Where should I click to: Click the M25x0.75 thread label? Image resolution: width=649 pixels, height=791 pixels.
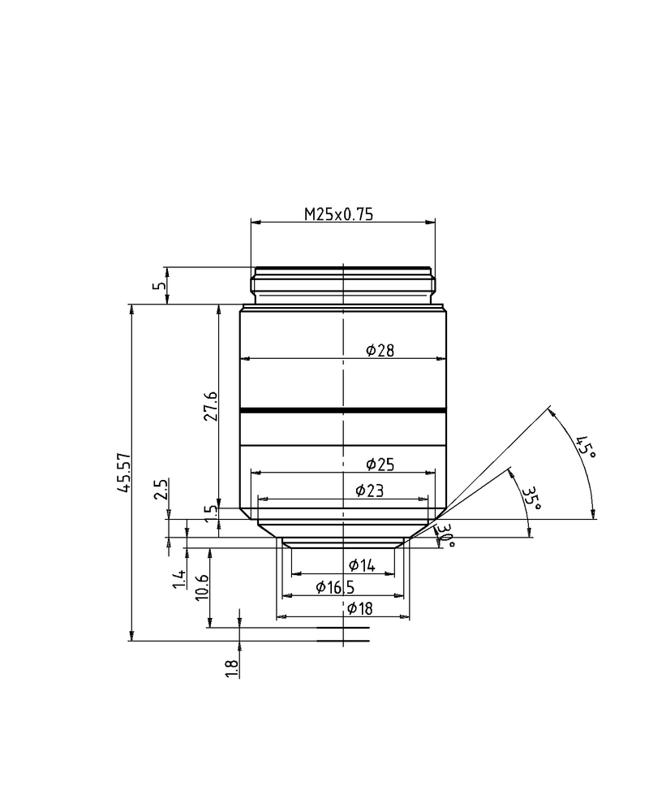[x=337, y=214]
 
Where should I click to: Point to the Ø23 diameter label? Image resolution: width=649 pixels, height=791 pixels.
[x=370, y=491]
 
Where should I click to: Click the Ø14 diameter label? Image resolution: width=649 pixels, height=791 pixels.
[x=362, y=566]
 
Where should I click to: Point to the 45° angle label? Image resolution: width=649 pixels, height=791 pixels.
[x=585, y=447]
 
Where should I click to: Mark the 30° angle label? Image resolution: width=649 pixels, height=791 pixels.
[x=445, y=535]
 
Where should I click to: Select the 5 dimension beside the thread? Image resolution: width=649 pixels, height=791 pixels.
[x=161, y=285]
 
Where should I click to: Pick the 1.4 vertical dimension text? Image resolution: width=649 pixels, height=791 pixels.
[x=179, y=579]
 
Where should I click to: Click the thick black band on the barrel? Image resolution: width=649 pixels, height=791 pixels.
[x=343, y=411]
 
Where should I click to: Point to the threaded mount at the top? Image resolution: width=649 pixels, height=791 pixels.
[x=343, y=284]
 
